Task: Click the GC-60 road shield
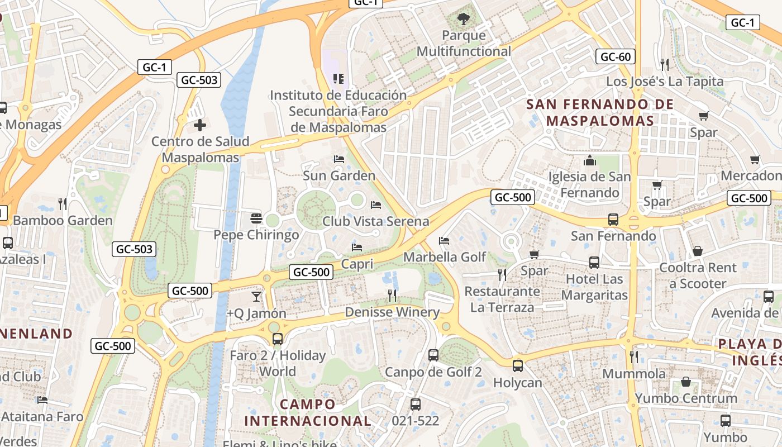(x=616, y=56)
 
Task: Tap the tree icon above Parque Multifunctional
(x=463, y=20)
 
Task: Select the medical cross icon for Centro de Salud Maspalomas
(x=199, y=125)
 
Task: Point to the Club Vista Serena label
(x=375, y=221)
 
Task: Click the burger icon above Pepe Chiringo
(x=256, y=218)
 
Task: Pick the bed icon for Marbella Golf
(x=444, y=241)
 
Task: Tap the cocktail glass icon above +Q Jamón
(x=256, y=296)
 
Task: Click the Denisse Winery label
(x=392, y=312)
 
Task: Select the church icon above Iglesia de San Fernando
(x=590, y=161)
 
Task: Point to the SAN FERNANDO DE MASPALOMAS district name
(x=600, y=112)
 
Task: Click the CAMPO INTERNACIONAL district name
(x=308, y=412)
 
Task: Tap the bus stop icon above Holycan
(x=518, y=366)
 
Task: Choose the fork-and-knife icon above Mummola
(x=633, y=356)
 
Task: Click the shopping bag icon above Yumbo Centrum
(x=686, y=382)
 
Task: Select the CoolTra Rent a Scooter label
(x=698, y=275)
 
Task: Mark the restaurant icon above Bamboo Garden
(x=63, y=203)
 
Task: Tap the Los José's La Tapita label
(x=665, y=82)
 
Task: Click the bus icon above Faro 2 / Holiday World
(x=277, y=339)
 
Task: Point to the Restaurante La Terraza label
(x=502, y=299)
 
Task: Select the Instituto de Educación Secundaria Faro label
(x=338, y=111)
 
